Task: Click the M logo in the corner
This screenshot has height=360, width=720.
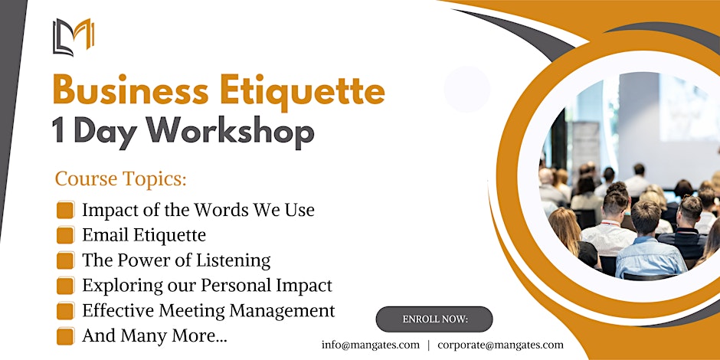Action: pos(74,38)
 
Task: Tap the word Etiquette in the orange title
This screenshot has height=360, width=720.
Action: pos(302,90)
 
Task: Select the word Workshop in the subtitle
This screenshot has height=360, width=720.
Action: pos(230,131)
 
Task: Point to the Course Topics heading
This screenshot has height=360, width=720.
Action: pos(121,178)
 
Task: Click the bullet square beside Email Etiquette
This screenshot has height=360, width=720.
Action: pos(65,235)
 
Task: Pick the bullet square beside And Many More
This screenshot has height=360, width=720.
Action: pos(65,336)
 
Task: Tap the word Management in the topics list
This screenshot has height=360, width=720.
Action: pos(282,311)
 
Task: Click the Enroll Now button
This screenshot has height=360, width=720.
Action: pos(434,319)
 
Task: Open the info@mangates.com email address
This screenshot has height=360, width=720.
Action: pos(371,345)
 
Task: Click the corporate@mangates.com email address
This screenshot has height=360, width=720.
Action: pos(500,345)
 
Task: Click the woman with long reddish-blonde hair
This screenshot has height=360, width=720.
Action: pos(571,237)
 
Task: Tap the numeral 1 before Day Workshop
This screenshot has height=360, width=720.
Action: pos(58,130)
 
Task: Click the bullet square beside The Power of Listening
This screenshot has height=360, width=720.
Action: pos(65,260)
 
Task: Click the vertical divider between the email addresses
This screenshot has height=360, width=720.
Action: pos(428,345)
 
